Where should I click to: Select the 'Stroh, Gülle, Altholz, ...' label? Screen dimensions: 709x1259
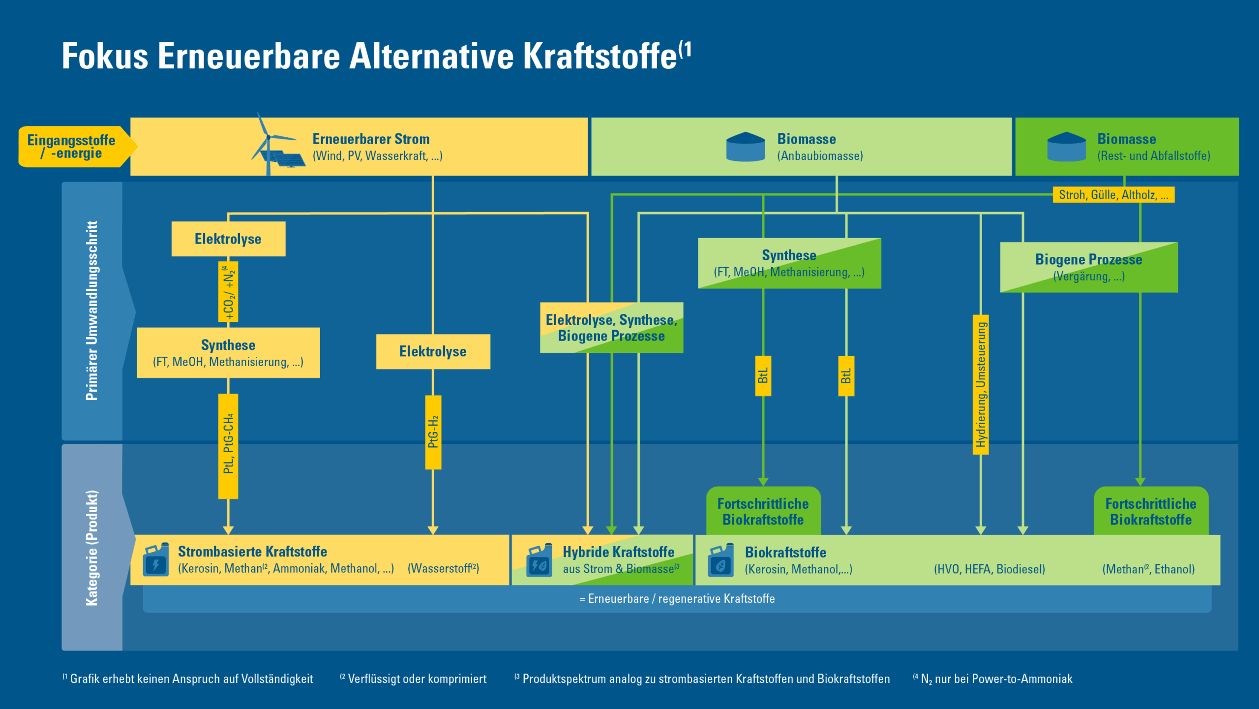(1113, 195)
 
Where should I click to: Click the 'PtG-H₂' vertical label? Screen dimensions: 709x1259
(433, 432)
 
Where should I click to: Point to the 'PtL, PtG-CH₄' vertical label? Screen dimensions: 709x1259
(228, 445)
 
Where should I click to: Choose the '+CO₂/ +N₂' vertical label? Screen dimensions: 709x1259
(228, 292)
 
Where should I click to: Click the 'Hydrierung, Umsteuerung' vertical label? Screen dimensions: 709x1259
(981, 384)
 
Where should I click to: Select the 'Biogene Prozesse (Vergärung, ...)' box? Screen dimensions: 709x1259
(1088, 267)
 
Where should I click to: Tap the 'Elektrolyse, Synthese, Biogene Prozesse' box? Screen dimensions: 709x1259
(611, 328)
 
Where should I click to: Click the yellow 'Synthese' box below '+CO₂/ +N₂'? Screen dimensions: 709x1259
(228, 353)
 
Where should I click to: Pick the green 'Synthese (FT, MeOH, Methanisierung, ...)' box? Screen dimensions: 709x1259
(789, 263)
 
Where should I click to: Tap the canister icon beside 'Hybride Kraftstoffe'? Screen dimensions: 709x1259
(539, 560)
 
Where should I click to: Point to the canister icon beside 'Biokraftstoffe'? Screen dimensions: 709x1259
(720, 560)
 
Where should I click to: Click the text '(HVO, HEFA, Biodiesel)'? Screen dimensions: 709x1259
(989, 569)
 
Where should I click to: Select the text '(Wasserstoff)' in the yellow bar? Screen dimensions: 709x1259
(443, 569)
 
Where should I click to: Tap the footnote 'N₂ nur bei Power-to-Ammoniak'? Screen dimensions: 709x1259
(996, 679)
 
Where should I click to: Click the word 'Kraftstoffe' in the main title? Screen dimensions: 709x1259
(600, 56)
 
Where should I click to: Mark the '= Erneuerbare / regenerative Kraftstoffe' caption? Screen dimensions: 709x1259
(677, 599)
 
